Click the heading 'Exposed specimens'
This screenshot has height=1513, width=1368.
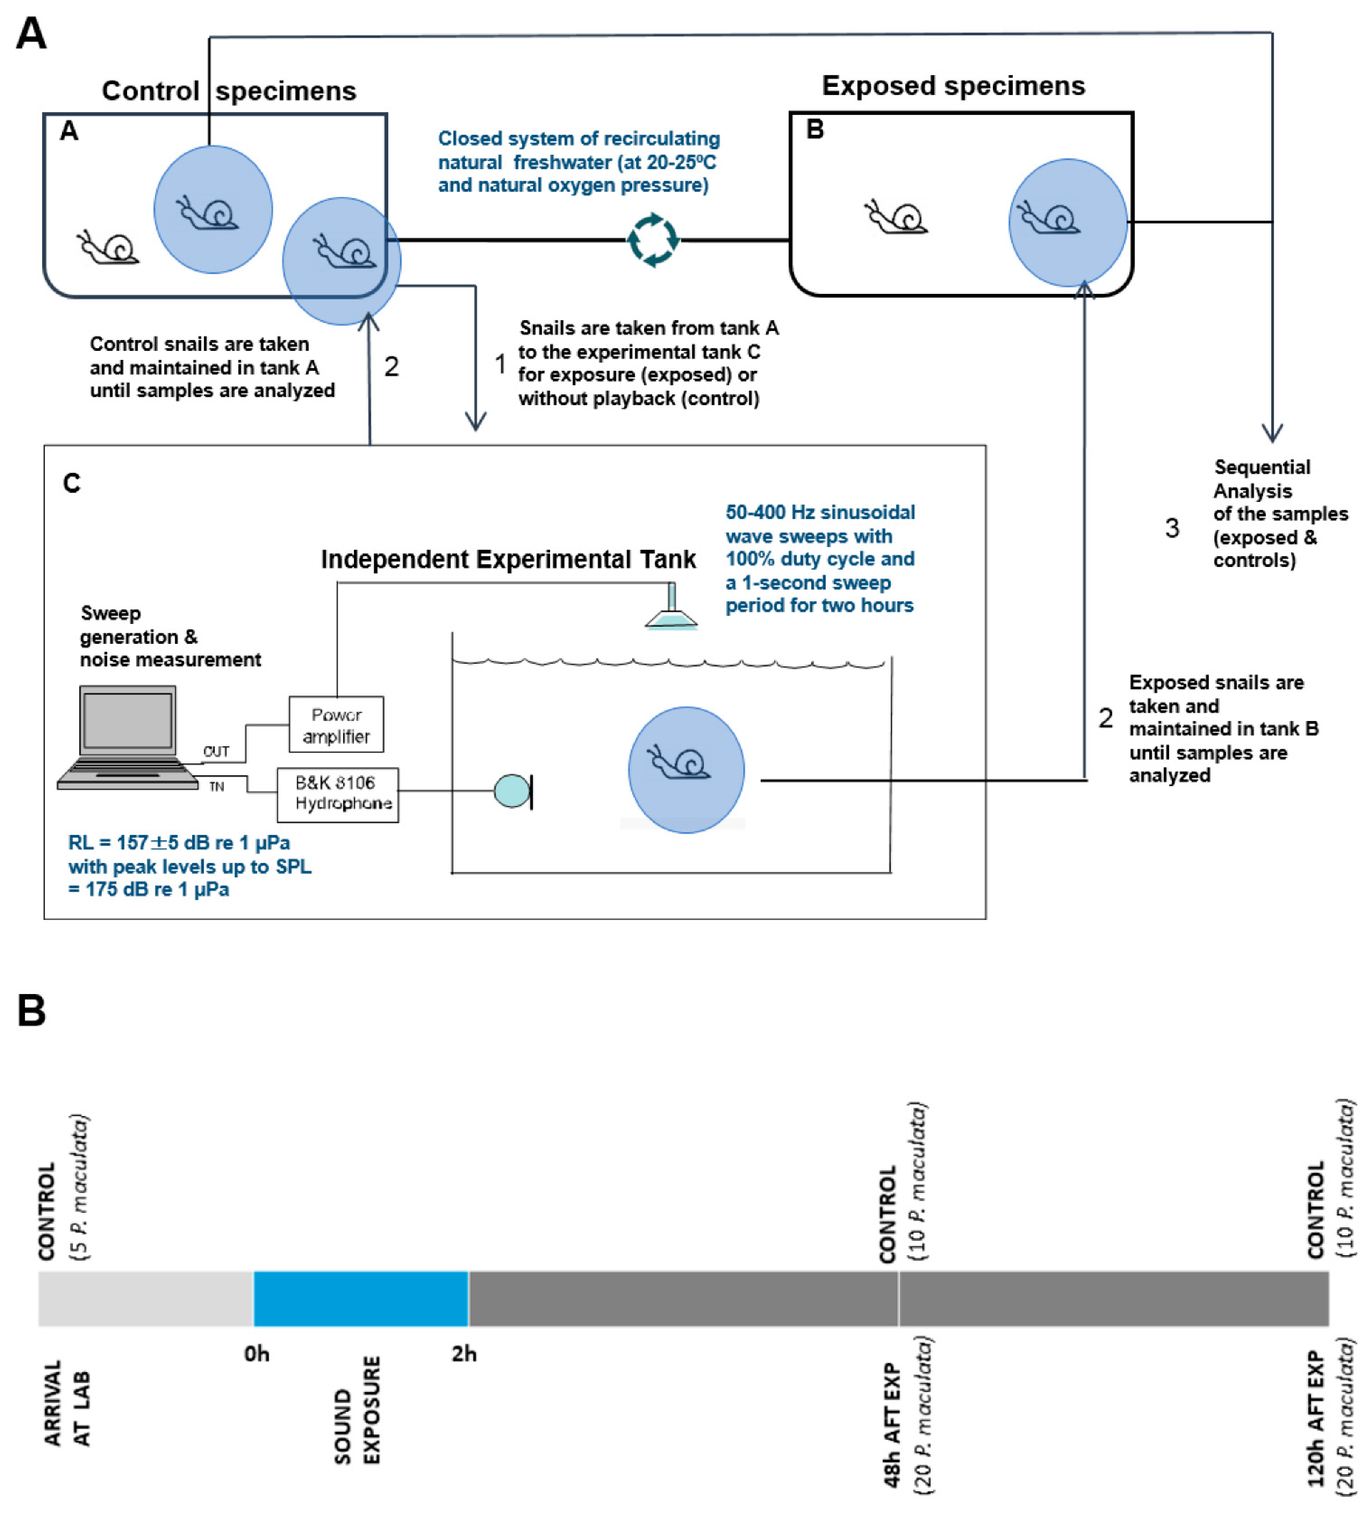(953, 86)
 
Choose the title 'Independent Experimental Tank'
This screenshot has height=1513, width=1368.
(508, 559)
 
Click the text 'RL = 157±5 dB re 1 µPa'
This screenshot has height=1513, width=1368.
(179, 843)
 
